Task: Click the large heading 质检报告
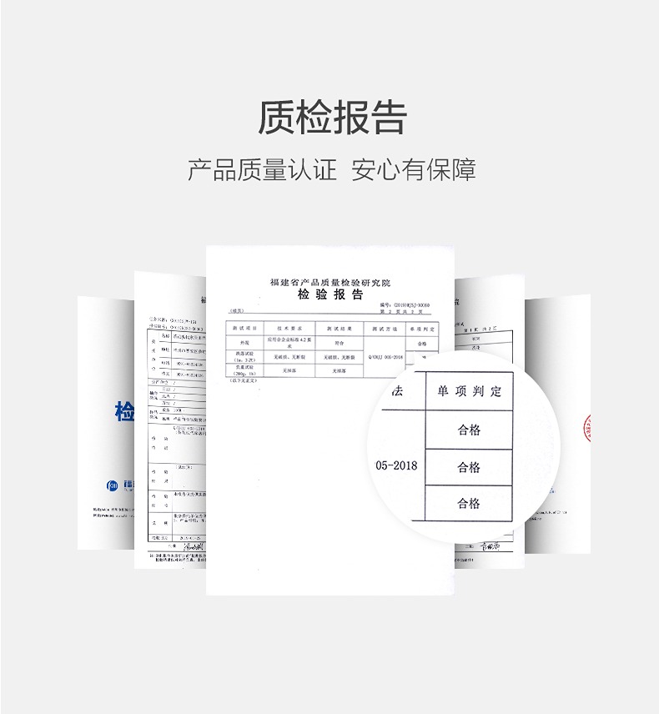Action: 331,117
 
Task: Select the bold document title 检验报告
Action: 330,295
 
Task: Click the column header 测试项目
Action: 244,329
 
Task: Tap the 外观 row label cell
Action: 244,342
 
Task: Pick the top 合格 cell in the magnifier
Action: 469,430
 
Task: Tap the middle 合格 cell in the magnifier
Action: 469,467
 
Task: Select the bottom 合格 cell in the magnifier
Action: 469,503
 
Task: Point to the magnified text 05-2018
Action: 397,465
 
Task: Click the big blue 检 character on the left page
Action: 123,411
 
